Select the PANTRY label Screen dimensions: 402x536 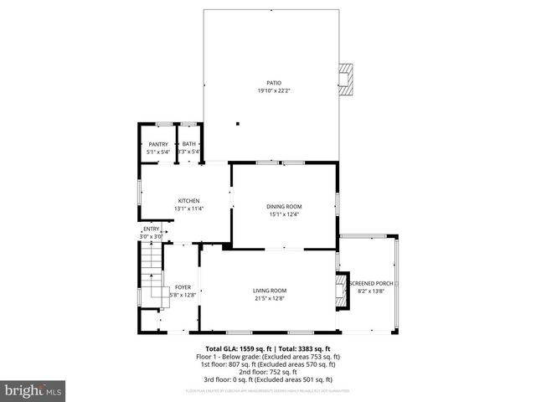[x=158, y=145]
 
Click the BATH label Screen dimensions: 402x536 [x=189, y=145]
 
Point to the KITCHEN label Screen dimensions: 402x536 [x=188, y=201]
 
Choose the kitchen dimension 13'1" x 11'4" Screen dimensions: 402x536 [x=188, y=208]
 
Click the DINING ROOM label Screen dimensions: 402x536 [x=285, y=207]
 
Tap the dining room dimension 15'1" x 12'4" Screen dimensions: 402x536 [x=285, y=214]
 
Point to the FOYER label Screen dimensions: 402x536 [x=183, y=287]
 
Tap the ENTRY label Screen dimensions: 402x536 [x=151, y=229]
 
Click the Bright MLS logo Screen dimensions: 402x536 [x=33, y=390]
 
